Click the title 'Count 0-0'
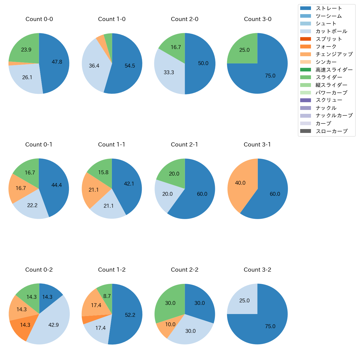coord(39,19)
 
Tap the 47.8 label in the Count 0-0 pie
coord(57,62)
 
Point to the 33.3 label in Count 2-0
coord(169,73)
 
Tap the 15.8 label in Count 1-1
coord(103,173)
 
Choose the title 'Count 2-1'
coord(184,145)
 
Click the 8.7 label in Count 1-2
coord(107,296)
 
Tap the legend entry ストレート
coord(329,8)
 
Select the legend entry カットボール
coord(331,31)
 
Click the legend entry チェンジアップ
coord(334,54)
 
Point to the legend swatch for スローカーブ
coord(305,131)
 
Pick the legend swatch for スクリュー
coord(305,100)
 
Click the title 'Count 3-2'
coord(257,270)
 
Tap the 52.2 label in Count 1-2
coord(130,315)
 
